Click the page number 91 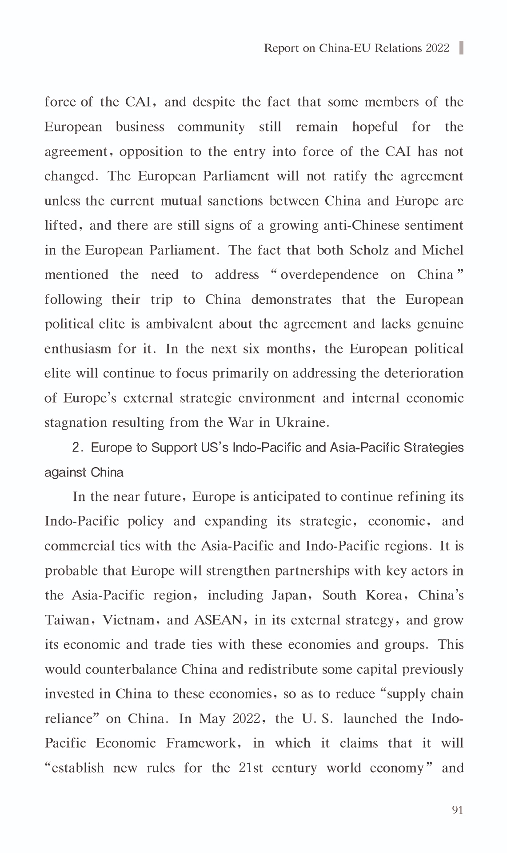pos(457,810)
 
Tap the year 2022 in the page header pos(438,48)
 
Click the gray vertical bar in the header pos(461,48)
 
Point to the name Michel pos(443,250)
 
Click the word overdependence pos(329,275)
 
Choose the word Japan pos(289,595)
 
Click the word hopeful pos(375,127)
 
